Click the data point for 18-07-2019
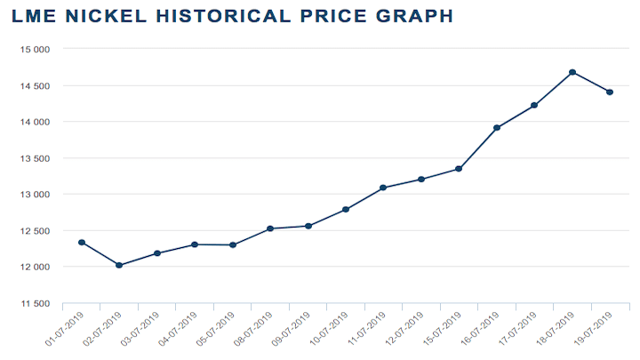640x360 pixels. pyautogui.click(x=572, y=72)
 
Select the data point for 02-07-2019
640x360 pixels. pyautogui.click(x=119, y=265)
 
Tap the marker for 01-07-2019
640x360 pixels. pyautogui.click(x=82, y=242)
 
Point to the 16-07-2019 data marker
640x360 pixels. pyautogui.click(x=497, y=128)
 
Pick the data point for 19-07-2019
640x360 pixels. pyautogui.click(x=610, y=92)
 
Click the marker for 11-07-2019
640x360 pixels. pyautogui.click(x=383, y=188)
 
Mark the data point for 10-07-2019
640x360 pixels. pyautogui.click(x=346, y=209)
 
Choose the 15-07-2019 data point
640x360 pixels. pyautogui.click(x=459, y=168)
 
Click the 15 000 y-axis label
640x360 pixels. pyautogui.click(x=34, y=50)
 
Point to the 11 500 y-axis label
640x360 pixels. pyautogui.click(x=34, y=304)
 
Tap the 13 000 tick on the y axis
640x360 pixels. pyautogui.click(x=34, y=195)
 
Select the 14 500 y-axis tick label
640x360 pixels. pyautogui.click(x=34, y=86)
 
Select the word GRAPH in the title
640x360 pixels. pyautogui.click(x=412, y=16)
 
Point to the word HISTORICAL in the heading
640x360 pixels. pyautogui.click(x=217, y=16)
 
